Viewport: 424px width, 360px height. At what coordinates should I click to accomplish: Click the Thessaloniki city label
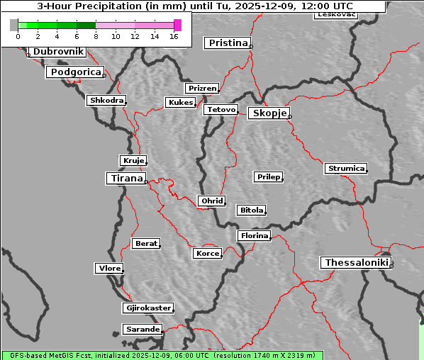click(356, 263)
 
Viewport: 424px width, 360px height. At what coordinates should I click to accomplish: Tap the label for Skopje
click(269, 113)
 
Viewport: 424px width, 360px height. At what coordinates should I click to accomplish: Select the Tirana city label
click(126, 179)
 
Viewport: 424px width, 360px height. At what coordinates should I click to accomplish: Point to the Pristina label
click(228, 43)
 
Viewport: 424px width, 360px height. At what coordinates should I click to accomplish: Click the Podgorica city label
click(75, 72)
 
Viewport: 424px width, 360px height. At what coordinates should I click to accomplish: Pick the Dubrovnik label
click(58, 52)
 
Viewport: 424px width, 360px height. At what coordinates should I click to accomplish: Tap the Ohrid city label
click(211, 201)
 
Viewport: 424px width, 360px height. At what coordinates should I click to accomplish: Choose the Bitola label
click(251, 210)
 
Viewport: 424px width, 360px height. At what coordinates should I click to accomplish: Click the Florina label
click(254, 235)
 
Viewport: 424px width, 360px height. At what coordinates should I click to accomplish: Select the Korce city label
click(207, 253)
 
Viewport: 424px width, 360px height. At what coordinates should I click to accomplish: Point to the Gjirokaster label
click(147, 308)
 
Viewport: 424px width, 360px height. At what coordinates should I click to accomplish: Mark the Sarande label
click(142, 330)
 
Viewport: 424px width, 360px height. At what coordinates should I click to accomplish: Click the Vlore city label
click(108, 268)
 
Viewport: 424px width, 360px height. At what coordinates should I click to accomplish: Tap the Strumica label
click(346, 169)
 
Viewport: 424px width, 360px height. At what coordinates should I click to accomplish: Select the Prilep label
click(268, 176)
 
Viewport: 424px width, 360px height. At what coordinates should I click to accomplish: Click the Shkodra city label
click(106, 101)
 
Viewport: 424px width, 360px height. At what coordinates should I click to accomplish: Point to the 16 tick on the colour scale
click(174, 36)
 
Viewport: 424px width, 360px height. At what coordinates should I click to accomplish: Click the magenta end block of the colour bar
click(177, 25)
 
